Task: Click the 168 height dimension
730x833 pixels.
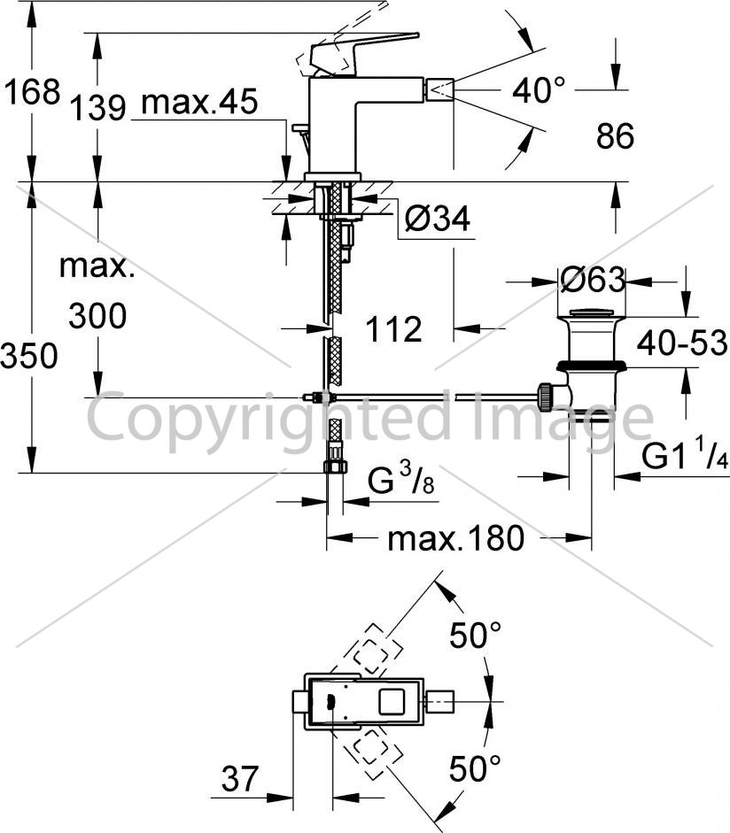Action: click(32, 91)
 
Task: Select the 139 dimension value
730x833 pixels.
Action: click(97, 107)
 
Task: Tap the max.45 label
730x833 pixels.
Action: click(199, 102)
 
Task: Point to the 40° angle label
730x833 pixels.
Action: click(539, 89)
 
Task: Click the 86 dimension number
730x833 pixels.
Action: click(615, 136)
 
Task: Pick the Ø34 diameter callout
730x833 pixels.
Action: click(437, 219)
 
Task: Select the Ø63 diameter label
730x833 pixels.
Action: click(593, 279)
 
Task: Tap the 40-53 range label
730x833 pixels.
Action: click(682, 343)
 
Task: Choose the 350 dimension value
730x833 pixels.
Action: click(29, 355)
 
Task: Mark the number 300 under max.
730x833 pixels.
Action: click(97, 315)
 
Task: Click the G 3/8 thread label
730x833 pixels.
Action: click(401, 478)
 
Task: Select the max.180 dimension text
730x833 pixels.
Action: click(455, 539)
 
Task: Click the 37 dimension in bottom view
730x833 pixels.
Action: click(240, 779)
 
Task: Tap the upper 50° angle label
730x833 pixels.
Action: click(476, 635)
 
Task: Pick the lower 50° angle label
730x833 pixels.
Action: click(476, 768)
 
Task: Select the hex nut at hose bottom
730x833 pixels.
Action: click(335, 467)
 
